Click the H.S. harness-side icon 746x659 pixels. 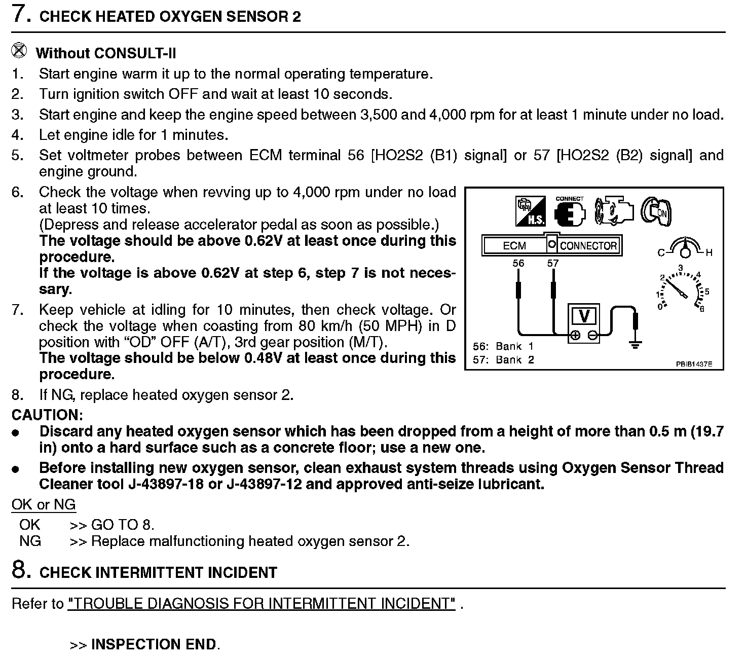coord(531,211)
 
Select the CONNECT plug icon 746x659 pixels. coord(570,212)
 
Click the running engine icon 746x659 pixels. coord(614,211)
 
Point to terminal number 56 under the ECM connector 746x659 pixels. coord(518,263)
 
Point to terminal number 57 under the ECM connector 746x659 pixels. coord(553,263)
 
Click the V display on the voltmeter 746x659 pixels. coord(584,316)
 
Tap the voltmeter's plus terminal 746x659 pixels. coord(575,335)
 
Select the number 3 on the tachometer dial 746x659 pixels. coord(681,268)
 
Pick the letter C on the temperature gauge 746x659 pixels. coord(661,252)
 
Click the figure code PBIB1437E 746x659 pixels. coord(693,363)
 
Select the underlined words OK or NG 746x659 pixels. coord(44,504)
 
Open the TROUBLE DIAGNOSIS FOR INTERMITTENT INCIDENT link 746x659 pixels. coord(262,603)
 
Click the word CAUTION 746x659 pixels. coord(47,415)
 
